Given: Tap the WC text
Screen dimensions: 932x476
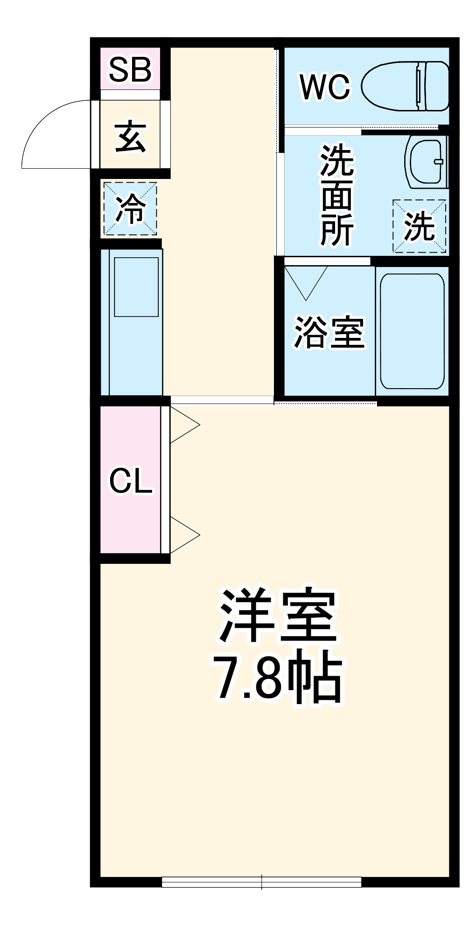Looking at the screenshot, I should coord(325,87).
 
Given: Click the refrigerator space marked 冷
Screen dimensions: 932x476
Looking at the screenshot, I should coord(130,209).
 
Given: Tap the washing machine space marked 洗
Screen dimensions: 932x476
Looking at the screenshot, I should coord(419,226).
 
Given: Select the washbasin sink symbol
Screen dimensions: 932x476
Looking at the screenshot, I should coord(426,161).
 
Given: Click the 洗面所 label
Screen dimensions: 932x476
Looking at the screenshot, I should coord(337,196).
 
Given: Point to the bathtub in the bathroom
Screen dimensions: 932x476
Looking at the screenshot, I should coord(412,331).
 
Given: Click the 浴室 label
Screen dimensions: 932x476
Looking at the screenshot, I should coord(329,332).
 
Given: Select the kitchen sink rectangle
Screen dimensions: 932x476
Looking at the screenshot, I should coord(136,287).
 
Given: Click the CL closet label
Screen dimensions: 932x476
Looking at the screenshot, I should coord(131,481).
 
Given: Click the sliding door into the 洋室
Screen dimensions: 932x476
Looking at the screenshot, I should coord(222,400).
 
